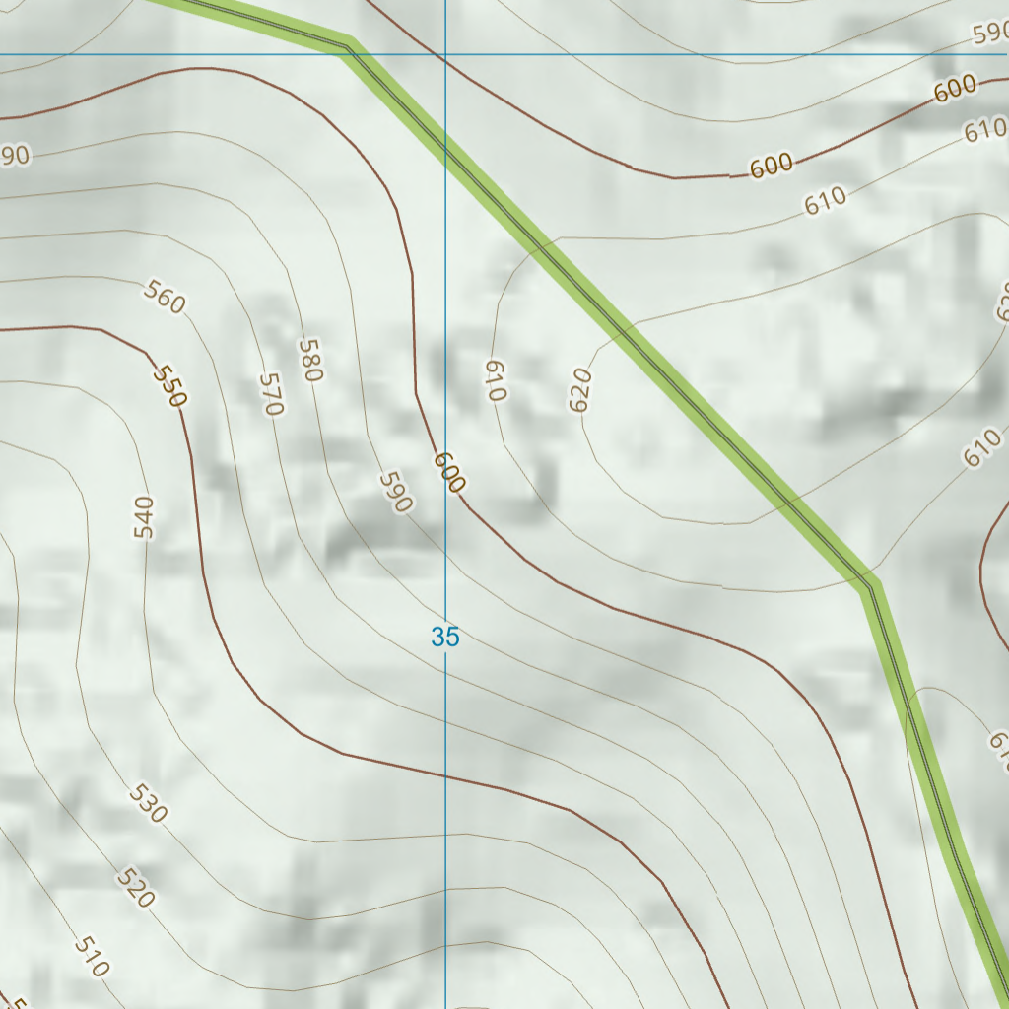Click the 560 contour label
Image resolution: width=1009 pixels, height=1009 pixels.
pyautogui.click(x=165, y=297)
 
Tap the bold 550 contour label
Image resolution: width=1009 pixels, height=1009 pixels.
pyautogui.click(x=169, y=387)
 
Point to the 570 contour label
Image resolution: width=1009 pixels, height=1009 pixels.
pyautogui.click(x=271, y=394)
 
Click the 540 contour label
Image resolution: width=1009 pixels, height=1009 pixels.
pyautogui.click(x=144, y=518)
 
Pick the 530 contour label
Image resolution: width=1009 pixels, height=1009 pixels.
pyautogui.click(x=148, y=804)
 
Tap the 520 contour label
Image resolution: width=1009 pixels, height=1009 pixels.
pyautogui.click(x=135, y=888)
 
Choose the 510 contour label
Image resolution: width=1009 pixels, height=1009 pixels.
pyautogui.click(x=91, y=956)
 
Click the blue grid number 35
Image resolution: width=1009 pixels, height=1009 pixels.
pyautogui.click(x=445, y=638)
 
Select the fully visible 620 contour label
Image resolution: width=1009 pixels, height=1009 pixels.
pyautogui.click(x=580, y=390)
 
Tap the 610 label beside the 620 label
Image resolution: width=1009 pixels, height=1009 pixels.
pyautogui.click(x=495, y=380)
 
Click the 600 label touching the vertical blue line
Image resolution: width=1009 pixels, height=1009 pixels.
pyautogui.click(x=448, y=472)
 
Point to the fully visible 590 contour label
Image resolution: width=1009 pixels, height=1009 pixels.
pyautogui.click(x=395, y=492)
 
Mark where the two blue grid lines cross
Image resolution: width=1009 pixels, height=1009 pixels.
pyautogui.click(x=445, y=54)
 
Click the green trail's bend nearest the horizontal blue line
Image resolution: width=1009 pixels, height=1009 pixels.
pyautogui.click(x=348, y=45)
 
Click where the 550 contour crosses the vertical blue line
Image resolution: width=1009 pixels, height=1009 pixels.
pyautogui.click(x=445, y=775)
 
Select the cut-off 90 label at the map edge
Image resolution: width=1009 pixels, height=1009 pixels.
pyautogui.click(x=14, y=155)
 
